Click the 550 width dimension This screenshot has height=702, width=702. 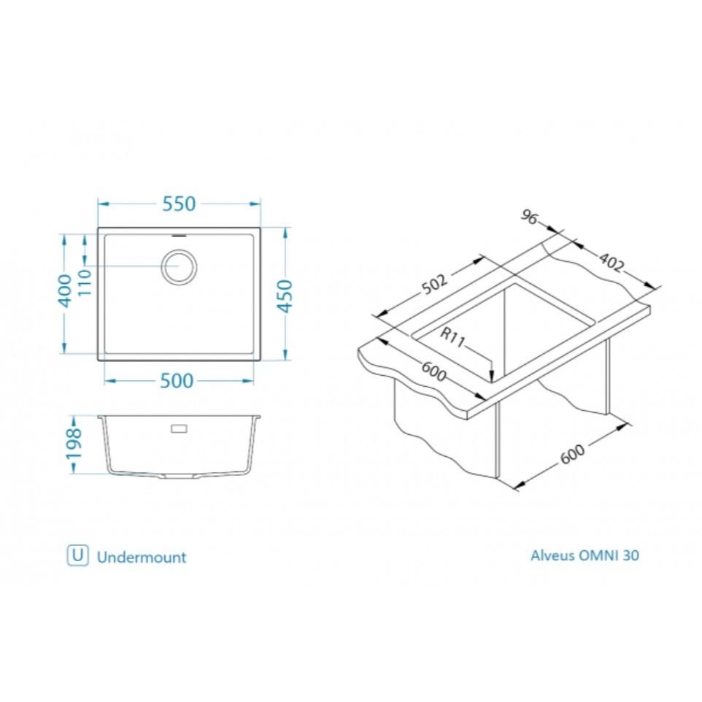tap(179, 204)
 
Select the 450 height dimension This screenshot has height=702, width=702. tap(285, 296)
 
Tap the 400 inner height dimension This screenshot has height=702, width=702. tap(66, 291)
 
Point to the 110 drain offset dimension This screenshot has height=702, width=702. tap(85, 282)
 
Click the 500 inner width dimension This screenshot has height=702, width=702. tap(177, 381)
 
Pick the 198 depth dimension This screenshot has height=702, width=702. tap(74, 444)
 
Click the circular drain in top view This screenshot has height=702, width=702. tap(179, 266)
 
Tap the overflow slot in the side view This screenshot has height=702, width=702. tap(180, 428)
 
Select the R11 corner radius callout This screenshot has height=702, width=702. tap(453, 339)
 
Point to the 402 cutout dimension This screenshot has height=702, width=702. tap(611, 263)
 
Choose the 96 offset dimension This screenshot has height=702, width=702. tap(529, 217)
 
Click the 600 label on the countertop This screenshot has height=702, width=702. tap(434, 371)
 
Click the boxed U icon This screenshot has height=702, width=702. tap(78, 555)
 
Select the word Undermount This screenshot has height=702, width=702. tap(142, 558)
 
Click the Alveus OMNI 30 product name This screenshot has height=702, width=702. tap(585, 555)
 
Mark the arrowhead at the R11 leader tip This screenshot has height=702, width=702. tap(492, 377)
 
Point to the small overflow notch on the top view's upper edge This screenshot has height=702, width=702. tap(180, 234)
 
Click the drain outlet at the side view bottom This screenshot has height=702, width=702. tap(179, 476)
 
